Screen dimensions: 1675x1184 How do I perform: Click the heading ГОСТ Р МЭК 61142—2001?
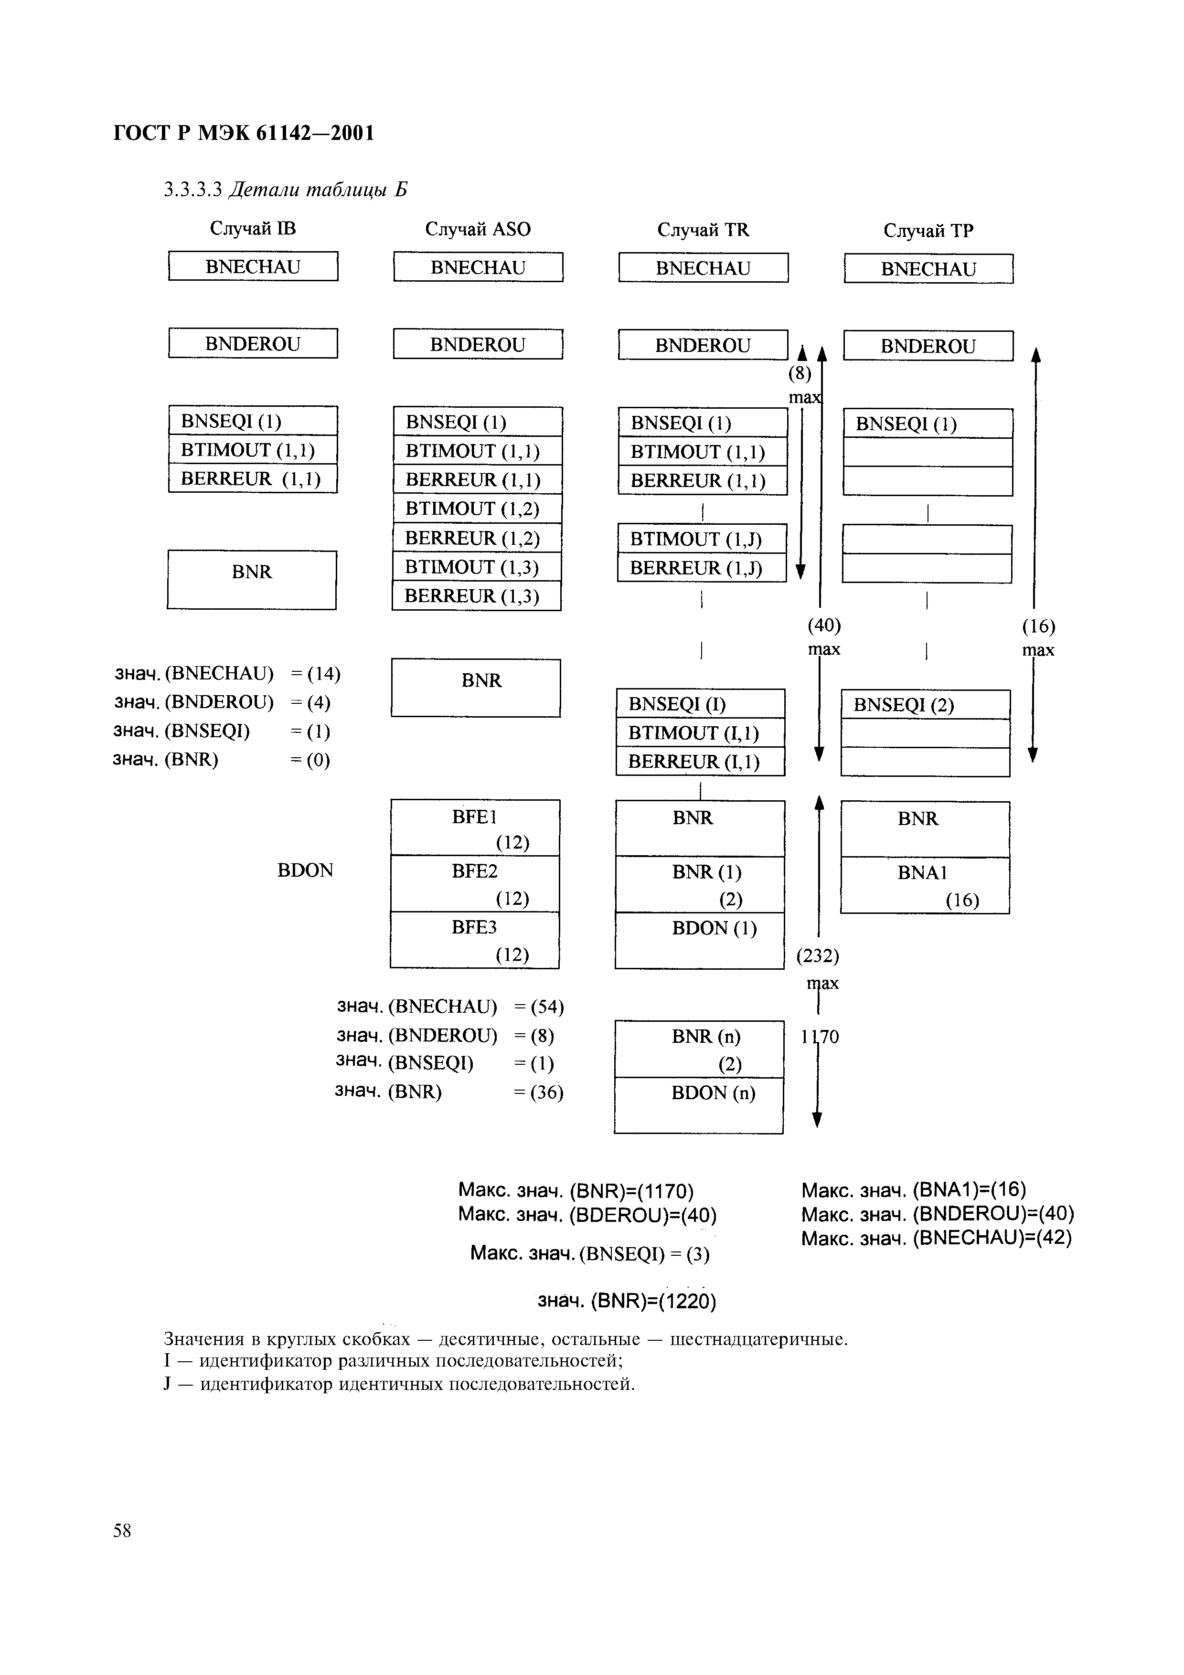click(x=244, y=134)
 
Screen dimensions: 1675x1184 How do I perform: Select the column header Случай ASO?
click(x=478, y=229)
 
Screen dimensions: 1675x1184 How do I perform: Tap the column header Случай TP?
click(x=928, y=231)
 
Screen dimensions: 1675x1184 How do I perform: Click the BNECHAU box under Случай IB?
click(x=253, y=266)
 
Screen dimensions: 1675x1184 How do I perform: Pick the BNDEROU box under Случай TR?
click(x=703, y=345)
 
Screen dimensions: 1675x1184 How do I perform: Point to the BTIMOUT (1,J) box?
click(x=702, y=539)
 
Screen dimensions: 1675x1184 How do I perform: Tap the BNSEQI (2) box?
click(x=925, y=705)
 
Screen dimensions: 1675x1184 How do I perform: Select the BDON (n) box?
click(x=699, y=1105)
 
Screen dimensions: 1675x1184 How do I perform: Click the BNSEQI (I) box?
click(x=700, y=704)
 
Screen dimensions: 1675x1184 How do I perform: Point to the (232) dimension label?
click(x=817, y=956)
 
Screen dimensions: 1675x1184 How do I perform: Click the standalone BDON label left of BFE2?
click(x=305, y=870)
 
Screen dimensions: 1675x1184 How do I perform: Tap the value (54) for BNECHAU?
click(x=547, y=1007)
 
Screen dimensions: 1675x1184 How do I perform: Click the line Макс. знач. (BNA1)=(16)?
click(x=913, y=1190)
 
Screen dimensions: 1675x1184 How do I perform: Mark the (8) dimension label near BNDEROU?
click(x=800, y=373)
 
